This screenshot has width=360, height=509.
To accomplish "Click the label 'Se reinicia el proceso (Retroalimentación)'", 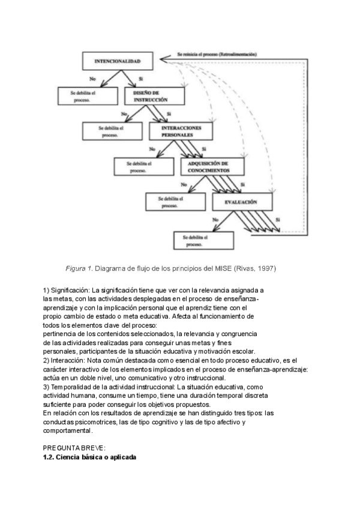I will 217,53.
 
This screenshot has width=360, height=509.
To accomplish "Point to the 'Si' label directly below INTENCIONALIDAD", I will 140,79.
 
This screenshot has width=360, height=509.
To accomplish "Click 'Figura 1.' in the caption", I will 79,268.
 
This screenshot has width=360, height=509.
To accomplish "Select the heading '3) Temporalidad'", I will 67,388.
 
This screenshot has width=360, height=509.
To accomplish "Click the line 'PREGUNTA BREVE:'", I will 74,448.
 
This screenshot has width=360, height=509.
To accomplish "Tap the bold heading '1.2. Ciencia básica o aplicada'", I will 89,457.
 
